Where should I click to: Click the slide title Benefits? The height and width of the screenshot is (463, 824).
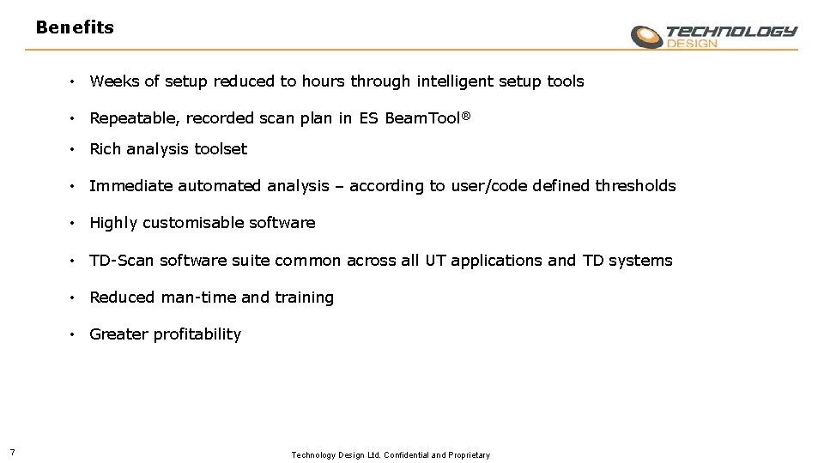(x=75, y=27)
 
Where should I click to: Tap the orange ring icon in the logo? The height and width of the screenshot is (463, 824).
(x=647, y=37)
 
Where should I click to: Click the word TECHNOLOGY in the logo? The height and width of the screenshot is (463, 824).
(x=731, y=32)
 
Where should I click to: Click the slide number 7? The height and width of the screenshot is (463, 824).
(x=10, y=454)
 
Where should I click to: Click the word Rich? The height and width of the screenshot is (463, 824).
(x=106, y=149)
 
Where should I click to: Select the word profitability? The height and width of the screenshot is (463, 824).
(x=197, y=334)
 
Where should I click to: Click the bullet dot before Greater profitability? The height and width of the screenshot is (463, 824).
(x=76, y=334)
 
